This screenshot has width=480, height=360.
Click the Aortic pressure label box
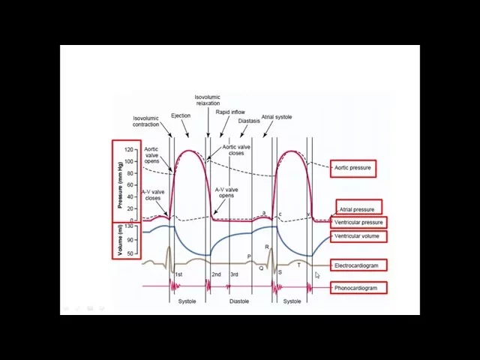[352, 168]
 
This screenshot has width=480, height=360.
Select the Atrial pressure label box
[357, 209]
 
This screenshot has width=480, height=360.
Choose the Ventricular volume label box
[357, 236]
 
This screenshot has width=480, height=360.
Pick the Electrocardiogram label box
[357, 265]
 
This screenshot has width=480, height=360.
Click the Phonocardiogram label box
[357, 288]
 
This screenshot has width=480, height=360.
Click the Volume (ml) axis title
[120, 240]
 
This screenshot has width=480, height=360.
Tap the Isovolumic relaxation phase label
[208, 100]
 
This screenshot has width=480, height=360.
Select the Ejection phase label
[181, 115]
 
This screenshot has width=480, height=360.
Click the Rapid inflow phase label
[230, 112]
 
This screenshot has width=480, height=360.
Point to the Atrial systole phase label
[277, 117]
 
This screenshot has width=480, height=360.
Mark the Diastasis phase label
[249, 121]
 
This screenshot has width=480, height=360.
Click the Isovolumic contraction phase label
[146, 121]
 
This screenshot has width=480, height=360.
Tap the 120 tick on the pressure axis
[129, 150]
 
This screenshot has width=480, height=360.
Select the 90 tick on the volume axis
[129, 240]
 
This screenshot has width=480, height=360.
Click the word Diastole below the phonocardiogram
[239, 301]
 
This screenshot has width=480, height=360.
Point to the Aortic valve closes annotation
[236, 150]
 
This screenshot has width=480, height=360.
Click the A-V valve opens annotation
[226, 193]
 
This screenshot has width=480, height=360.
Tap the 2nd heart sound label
[216, 274]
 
